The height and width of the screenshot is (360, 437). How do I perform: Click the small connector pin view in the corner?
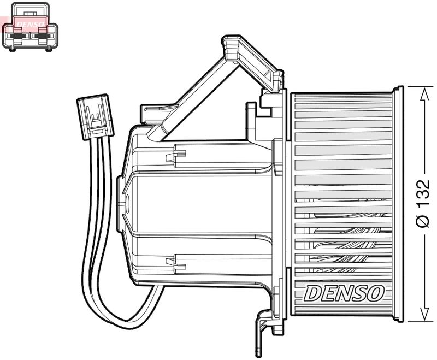pos(30,26)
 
